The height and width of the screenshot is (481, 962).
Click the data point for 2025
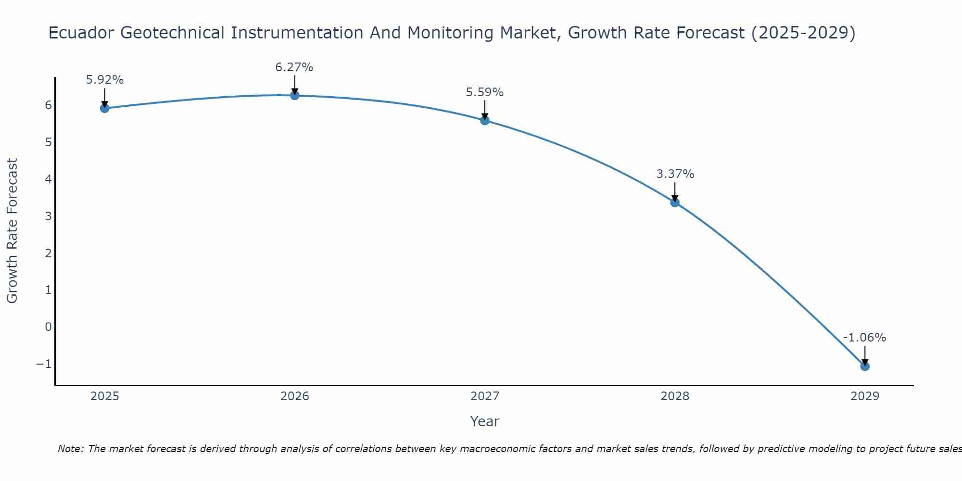[x=104, y=108]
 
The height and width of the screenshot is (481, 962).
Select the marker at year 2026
[x=295, y=95]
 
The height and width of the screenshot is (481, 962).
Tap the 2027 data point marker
[x=485, y=120]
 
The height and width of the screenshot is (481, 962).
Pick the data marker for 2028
[x=675, y=203]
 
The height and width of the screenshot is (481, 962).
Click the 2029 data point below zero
[x=865, y=367]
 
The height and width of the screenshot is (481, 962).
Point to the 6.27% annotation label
[x=294, y=67]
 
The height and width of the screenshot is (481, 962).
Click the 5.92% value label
[x=105, y=80]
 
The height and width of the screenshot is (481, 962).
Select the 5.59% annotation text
[x=485, y=92]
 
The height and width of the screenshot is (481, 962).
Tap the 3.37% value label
[x=675, y=174]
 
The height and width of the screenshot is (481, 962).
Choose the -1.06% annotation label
[x=864, y=338]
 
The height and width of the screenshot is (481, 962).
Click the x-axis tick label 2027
[x=485, y=396]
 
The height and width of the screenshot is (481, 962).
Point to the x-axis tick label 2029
[x=865, y=396]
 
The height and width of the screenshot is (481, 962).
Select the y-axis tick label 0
[x=48, y=327]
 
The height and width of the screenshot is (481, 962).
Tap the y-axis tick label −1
[x=44, y=364]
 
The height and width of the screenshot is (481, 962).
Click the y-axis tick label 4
[x=48, y=179]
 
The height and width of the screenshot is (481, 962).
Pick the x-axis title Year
[x=485, y=421]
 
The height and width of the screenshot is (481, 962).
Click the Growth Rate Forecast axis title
[x=13, y=231]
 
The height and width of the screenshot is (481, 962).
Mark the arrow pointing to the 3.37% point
[x=675, y=191]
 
